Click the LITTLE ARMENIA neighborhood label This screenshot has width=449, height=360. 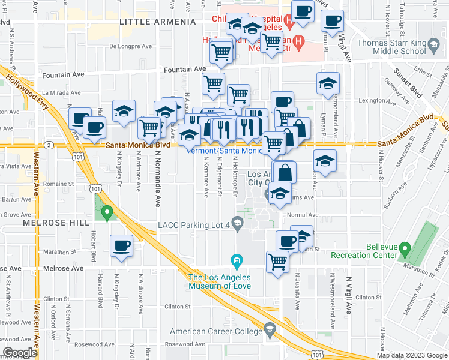pyautogui.click(x=158, y=22)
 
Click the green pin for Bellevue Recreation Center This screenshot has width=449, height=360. pyautogui.click(x=405, y=248)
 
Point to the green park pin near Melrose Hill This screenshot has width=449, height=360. pyautogui.click(x=107, y=211)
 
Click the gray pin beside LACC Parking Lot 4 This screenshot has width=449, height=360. pyautogui.click(x=238, y=225)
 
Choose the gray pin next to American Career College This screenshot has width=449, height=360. pyautogui.click(x=270, y=331)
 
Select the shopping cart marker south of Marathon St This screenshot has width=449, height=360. pyautogui.click(x=277, y=261)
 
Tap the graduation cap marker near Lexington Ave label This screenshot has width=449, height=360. pyautogui.click(x=328, y=84)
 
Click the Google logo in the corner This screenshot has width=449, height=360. pyautogui.click(x=20, y=353)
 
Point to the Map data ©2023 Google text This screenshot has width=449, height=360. pyautogui.click(x=412, y=355)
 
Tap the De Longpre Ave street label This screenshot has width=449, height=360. pyautogui.click(x=130, y=46)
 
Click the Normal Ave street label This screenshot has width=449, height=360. pyautogui.click(x=301, y=215)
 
